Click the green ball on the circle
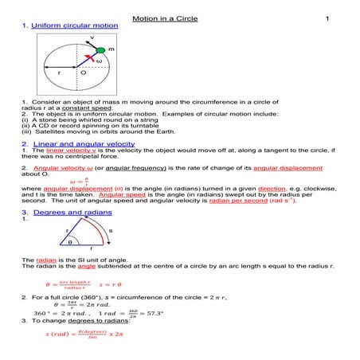100,49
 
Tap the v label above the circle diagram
92,37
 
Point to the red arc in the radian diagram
98,230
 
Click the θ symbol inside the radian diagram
69,241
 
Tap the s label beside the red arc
109,230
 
